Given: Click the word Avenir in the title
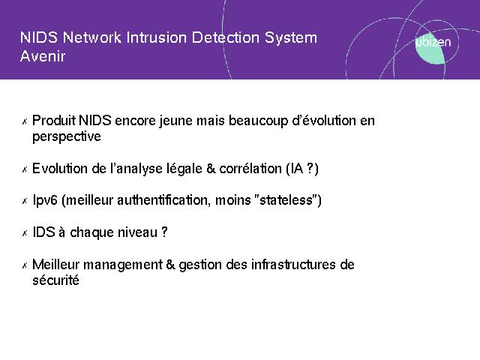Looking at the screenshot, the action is [x=43, y=56].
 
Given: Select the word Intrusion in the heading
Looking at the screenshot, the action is [x=157, y=37].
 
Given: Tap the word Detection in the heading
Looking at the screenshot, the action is [x=226, y=37].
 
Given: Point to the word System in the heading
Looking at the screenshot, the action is [x=291, y=38].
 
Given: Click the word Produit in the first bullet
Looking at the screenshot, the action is [x=54, y=120].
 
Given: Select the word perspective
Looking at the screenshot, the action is [x=67, y=136].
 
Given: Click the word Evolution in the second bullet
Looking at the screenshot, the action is [x=60, y=169].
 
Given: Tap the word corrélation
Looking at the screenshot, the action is [x=250, y=169].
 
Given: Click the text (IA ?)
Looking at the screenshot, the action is [x=302, y=169].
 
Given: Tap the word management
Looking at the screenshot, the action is [x=123, y=265].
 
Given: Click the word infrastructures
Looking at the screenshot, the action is [x=293, y=265].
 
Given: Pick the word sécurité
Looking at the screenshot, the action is [x=55, y=280].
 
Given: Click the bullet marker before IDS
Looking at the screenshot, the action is [x=25, y=233].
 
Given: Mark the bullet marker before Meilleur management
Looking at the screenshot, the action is [x=25, y=265].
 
